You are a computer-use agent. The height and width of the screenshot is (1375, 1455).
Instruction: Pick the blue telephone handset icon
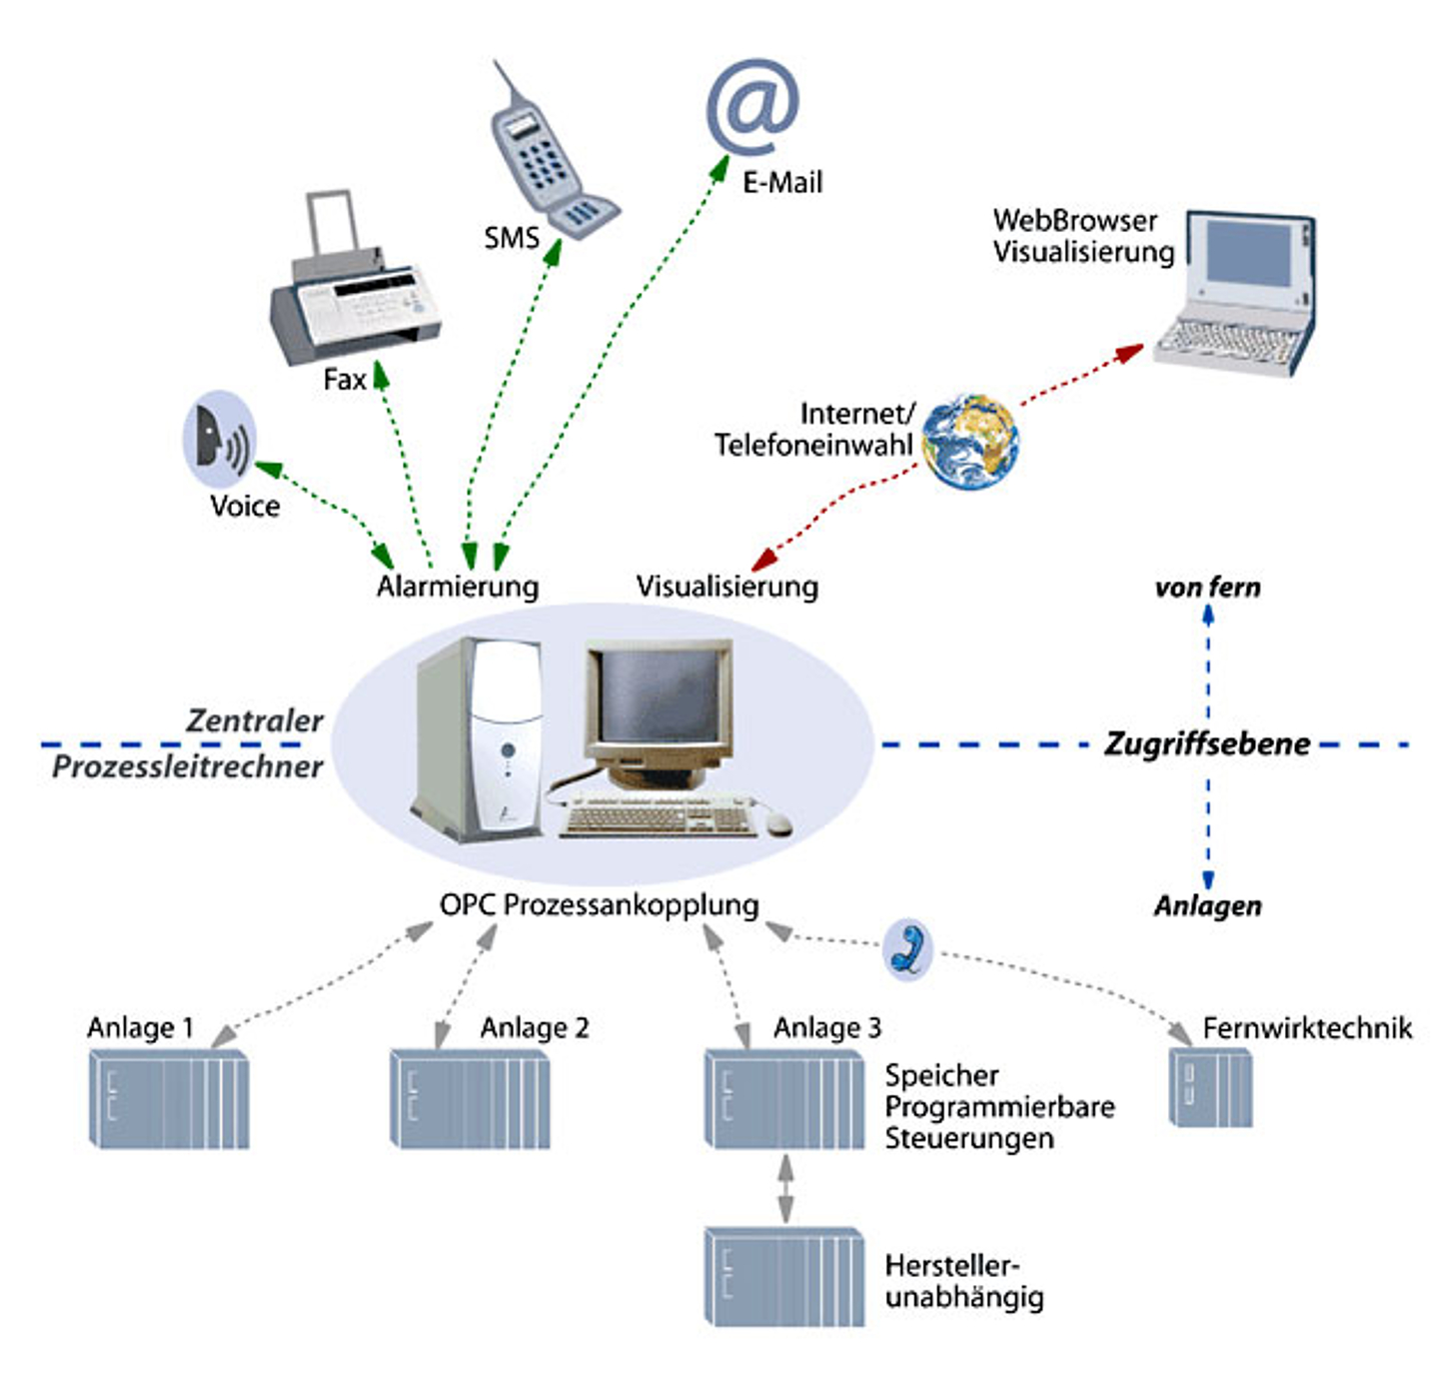[908, 948]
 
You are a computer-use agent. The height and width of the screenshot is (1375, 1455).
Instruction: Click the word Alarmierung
[458, 587]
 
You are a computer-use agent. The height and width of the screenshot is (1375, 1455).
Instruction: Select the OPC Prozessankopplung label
[600, 905]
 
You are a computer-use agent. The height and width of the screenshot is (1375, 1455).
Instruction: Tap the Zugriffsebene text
[1207, 744]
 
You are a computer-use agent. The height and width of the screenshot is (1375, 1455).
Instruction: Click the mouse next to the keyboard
[777, 822]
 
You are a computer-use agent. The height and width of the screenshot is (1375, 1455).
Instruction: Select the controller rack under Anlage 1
[169, 1099]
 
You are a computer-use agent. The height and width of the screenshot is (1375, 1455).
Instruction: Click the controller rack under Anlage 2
[470, 1099]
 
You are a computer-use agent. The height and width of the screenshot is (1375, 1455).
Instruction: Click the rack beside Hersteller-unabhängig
[784, 1276]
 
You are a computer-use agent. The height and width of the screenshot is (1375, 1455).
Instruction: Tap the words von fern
[1207, 588]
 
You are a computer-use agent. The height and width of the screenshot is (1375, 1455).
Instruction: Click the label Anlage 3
[827, 1028]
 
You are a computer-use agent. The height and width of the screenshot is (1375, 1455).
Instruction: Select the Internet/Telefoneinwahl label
[814, 430]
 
